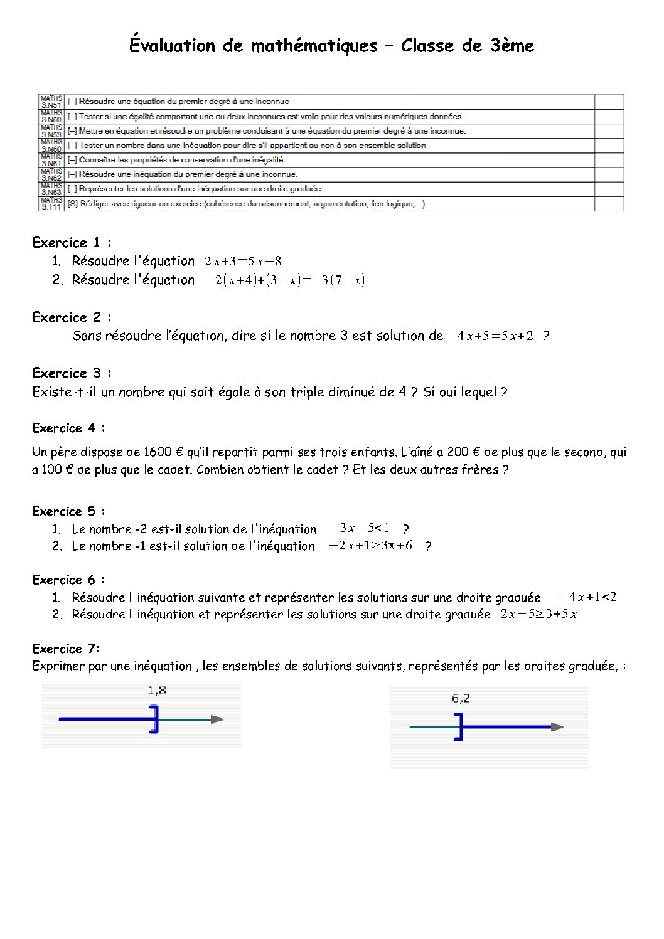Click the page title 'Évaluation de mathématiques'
point(253,46)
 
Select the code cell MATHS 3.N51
point(51,102)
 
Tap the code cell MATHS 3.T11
point(51,204)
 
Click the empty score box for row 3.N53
point(609,131)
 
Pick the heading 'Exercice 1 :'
point(72,243)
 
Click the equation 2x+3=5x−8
point(243,262)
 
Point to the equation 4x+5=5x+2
point(495,336)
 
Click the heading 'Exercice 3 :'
point(72,373)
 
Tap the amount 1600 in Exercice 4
point(158,452)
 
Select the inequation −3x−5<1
point(360,528)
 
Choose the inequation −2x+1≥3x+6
point(371,546)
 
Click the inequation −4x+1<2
point(587,597)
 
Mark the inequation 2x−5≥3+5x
point(539,615)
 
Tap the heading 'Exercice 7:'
point(66,649)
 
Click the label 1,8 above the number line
point(157,691)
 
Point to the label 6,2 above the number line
point(461,698)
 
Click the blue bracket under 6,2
point(459,727)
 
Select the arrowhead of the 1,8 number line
point(217,719)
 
